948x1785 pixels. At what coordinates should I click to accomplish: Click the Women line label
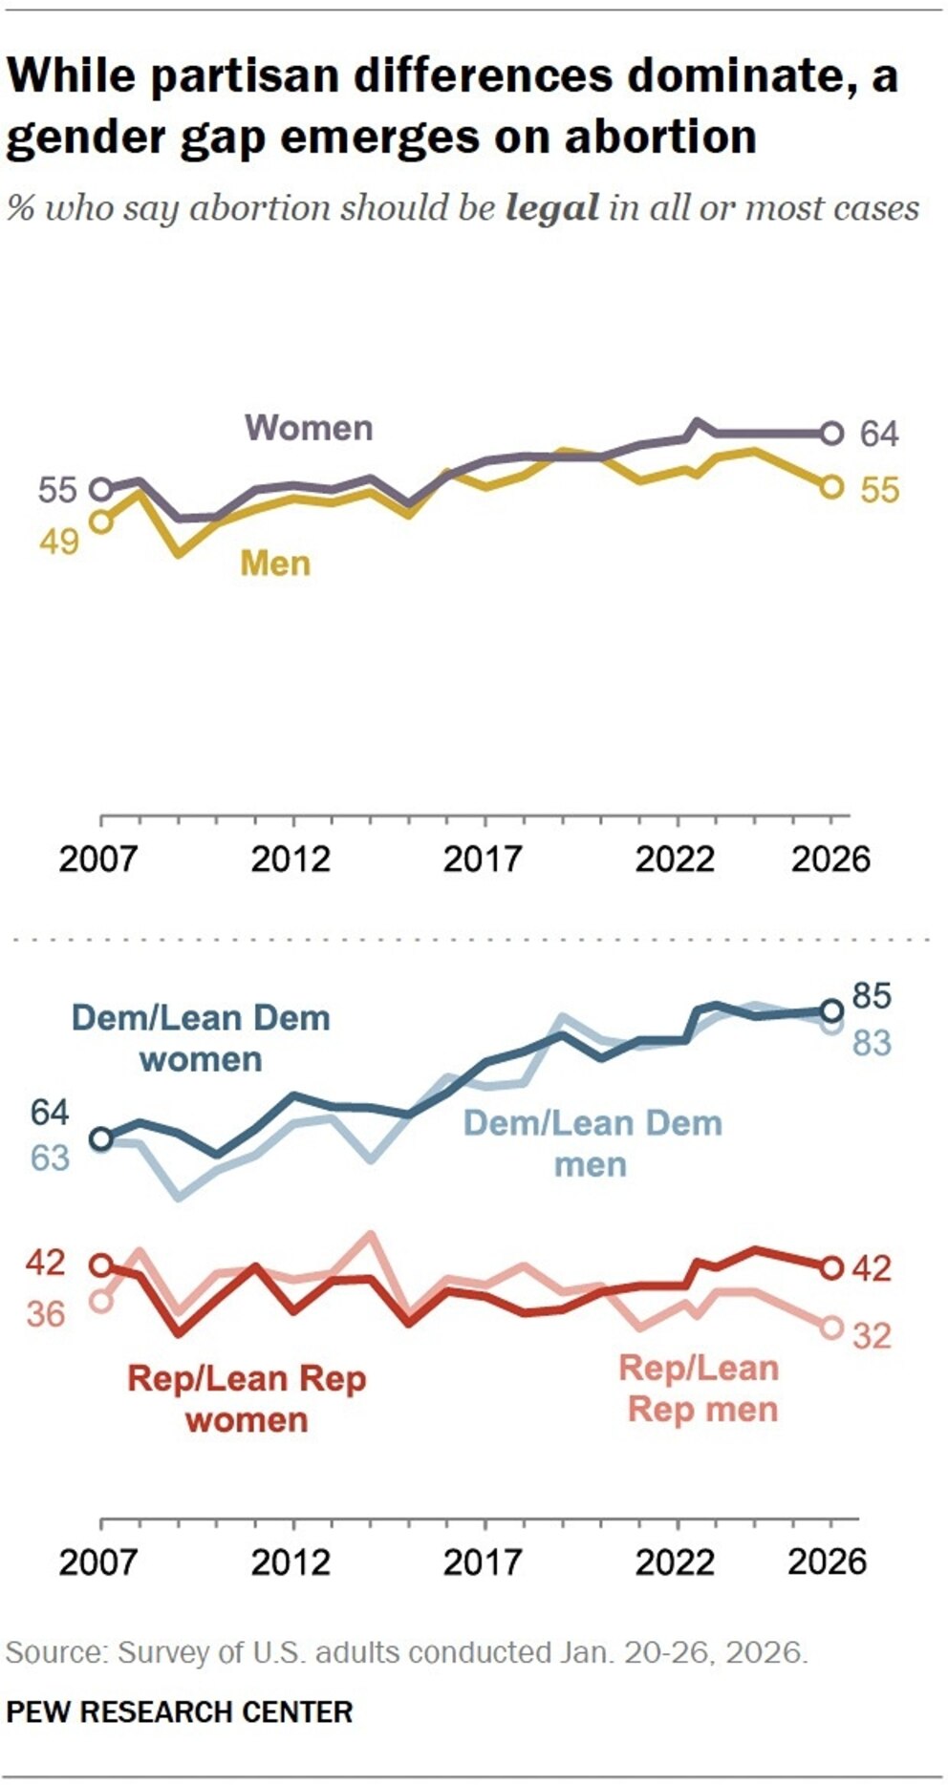point(309,428)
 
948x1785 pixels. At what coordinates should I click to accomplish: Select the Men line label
point(275,563)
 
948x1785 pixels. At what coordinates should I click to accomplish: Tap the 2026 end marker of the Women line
point(832,433)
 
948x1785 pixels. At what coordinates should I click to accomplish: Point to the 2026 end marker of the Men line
point(832,486)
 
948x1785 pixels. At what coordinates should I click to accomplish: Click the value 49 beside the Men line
point(58,542)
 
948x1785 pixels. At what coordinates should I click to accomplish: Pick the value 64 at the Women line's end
point(879,434)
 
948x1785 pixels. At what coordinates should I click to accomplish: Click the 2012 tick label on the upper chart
point(291,859)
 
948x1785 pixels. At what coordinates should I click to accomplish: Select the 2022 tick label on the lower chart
point(675,1562)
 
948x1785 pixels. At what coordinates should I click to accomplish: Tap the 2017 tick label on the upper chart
point(483,859)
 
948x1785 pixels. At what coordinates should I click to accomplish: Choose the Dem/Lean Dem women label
point(201,1038)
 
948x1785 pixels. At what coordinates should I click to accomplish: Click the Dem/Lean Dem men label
point(592,1143)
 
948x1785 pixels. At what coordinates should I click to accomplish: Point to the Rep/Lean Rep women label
point(247,1398)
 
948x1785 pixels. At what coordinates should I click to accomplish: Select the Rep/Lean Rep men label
point(700,1388)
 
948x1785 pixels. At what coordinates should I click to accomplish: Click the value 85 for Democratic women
point(871,996)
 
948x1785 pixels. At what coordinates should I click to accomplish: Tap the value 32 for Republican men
point(872,1334)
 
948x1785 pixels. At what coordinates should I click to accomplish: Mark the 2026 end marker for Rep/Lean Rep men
point(832,1327)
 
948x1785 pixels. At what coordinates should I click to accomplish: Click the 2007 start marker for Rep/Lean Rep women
point(100,1265)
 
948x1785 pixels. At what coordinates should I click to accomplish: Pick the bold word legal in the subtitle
point(552,207)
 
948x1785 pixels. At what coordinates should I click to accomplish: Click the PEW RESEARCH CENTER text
point(180,1711)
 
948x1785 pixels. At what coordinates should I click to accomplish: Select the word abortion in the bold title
point(660,137)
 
